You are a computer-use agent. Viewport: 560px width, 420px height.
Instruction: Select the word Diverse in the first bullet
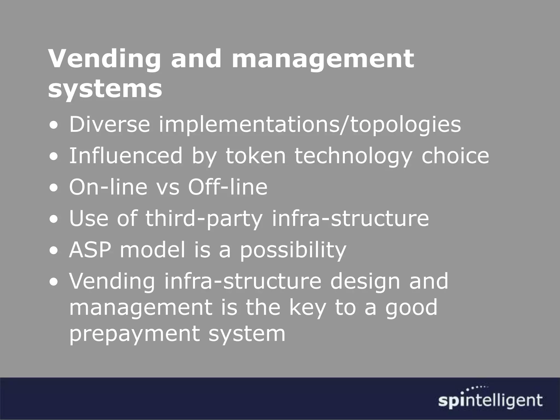[109, 124]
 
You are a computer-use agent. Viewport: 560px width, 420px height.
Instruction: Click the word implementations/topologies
[310, 125]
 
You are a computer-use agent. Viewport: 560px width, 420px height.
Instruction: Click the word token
[255, 156]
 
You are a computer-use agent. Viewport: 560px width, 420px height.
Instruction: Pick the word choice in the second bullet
[455, 156]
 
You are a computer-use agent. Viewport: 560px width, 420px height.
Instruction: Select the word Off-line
[227, 187]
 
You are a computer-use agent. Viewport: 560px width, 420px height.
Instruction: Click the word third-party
[204, 218]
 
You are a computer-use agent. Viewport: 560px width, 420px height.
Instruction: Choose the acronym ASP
[90, 250]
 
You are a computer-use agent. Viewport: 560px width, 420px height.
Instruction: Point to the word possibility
[293, 250]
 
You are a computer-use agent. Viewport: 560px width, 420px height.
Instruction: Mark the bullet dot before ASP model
[55, 251]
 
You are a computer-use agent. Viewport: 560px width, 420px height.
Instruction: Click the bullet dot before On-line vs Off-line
[55, 188]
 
